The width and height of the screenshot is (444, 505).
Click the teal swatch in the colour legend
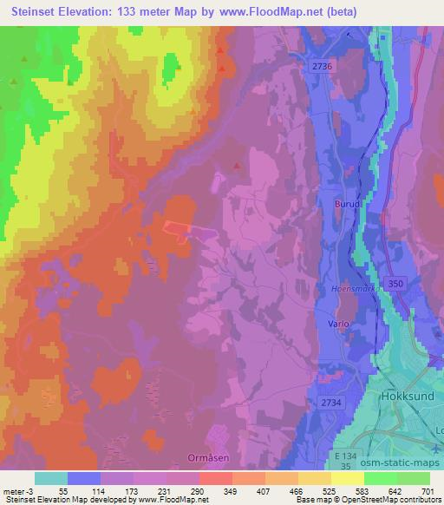pos(51,478)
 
